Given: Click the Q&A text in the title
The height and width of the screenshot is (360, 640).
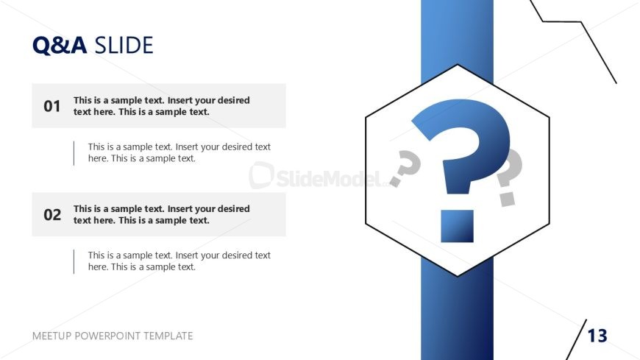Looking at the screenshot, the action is click(x=60, y=46).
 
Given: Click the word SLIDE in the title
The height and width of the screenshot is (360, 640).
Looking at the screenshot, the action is click(x=124, y=46).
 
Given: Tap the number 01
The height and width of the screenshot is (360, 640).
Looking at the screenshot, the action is click(x=52, y=106).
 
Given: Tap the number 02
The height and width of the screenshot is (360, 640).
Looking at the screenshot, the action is click(x=52, y=214).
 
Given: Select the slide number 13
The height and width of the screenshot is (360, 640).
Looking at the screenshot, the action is click(x=597, y=336).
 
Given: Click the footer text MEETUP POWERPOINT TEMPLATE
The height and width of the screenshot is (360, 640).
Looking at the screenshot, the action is click(x=113, y=336).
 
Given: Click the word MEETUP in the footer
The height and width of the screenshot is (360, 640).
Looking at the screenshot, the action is click(x=51, y=336).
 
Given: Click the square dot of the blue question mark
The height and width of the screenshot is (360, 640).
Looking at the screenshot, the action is click(x=457, y=226).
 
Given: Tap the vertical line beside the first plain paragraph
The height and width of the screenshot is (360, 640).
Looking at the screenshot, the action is click(x=74, y=153).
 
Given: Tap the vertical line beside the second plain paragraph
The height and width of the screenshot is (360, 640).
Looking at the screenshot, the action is click(x=74, y=261).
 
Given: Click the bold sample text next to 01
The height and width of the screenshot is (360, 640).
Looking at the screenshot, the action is click(x=162, y=106).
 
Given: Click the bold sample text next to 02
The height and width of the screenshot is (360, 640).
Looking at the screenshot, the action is click(x=162, y=214).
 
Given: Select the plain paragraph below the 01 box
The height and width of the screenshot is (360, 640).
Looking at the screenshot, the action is click(x=179, y=152).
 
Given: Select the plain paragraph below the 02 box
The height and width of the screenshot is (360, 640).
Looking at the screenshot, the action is click(x=179, y=261).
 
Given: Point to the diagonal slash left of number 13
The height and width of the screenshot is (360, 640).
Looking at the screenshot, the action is click(x=576, y=339).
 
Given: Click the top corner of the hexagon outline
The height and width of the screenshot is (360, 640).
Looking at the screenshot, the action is click(x=457, y=65).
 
